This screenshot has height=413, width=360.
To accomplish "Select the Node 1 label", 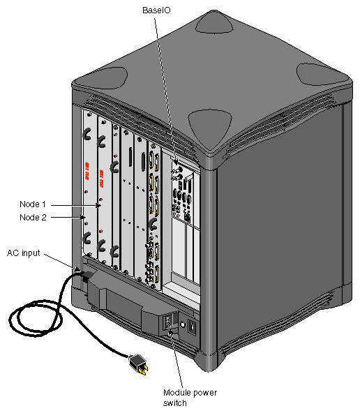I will pyautogui.click(x=33, y=204).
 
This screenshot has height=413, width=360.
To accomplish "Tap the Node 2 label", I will pyautogui.click(x=33, y=217).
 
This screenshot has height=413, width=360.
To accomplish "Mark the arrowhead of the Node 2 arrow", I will pyautogui.click(x=84, y=218).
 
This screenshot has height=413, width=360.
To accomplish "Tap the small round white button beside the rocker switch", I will pyautogui.click(x=182, y=324).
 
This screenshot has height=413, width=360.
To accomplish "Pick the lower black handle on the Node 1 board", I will pyautogui.click(x=103, y=245).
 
